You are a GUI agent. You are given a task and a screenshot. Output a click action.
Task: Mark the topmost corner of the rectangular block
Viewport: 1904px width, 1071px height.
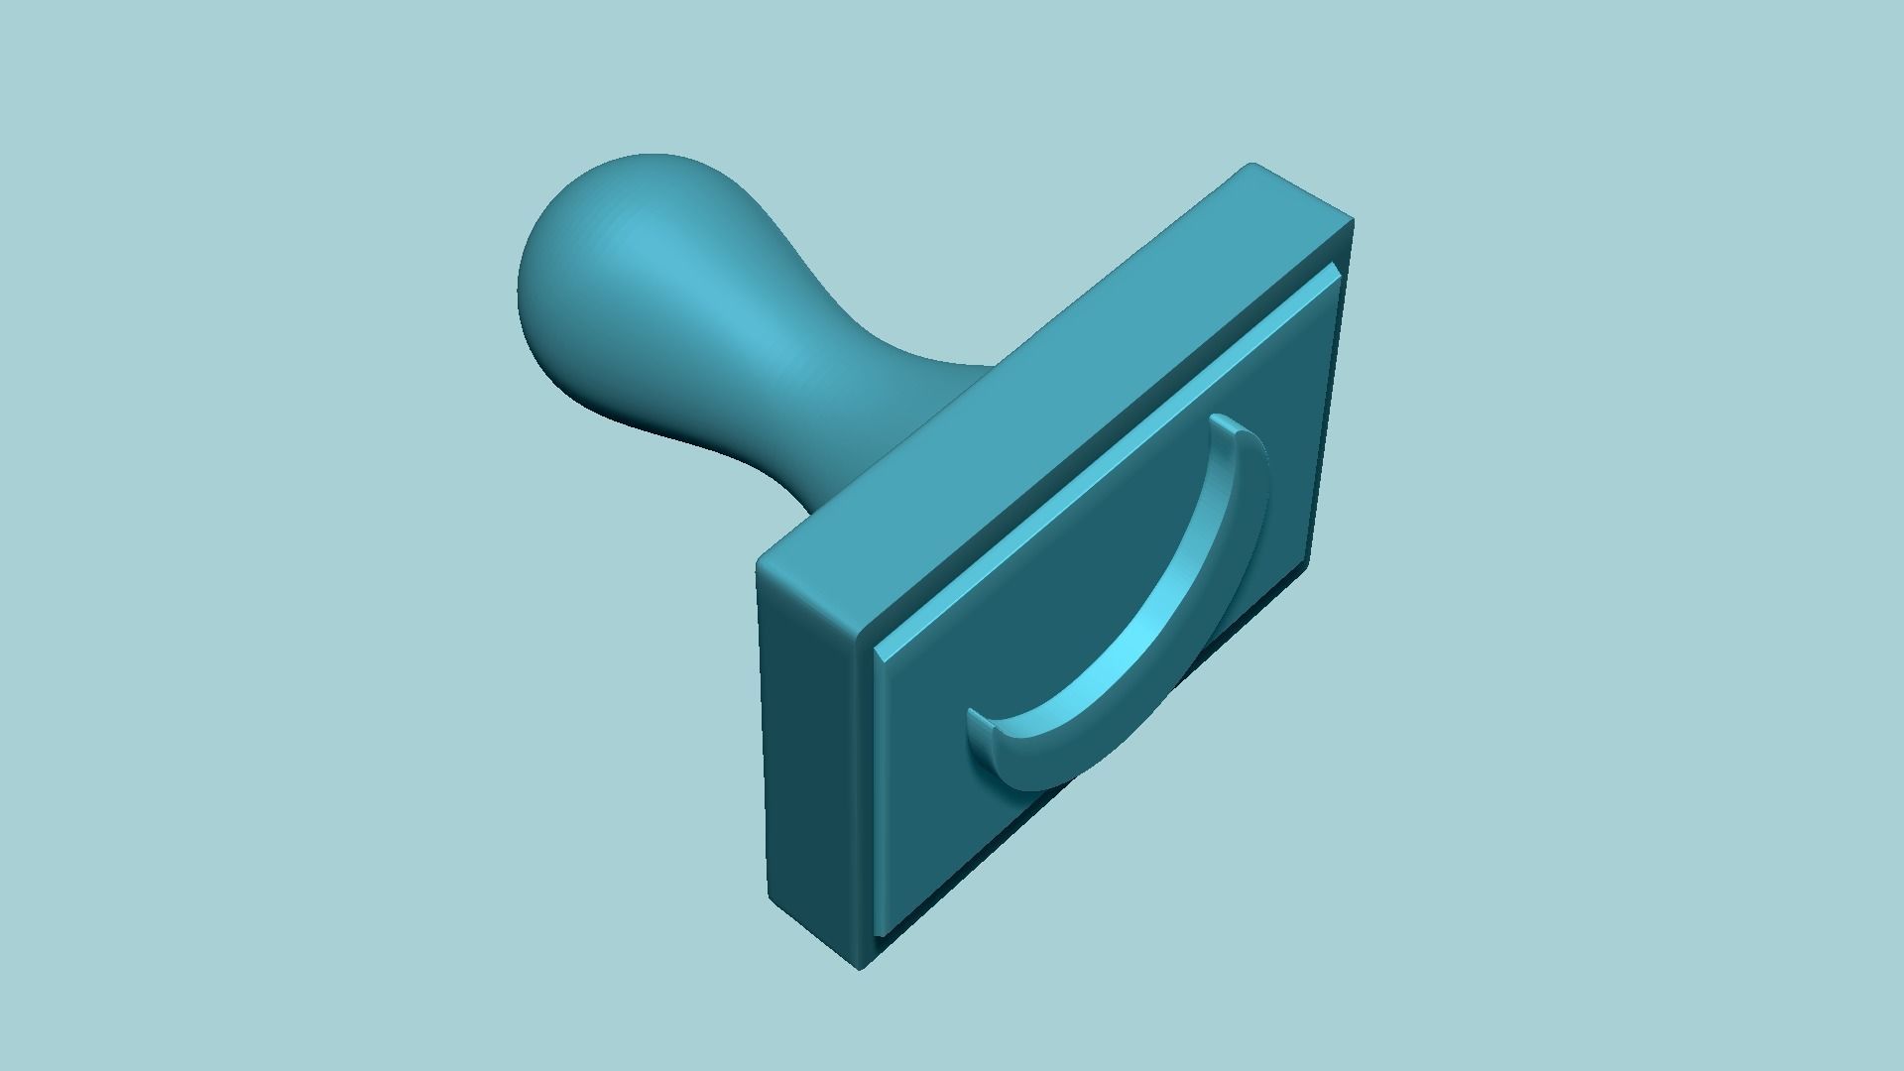[x=1251, y=166]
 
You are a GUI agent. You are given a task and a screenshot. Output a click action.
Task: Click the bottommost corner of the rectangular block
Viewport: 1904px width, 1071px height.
[x=860, y=967]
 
